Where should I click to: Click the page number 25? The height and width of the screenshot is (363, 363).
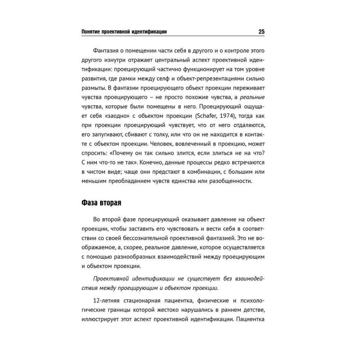click(x=261, y=32)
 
